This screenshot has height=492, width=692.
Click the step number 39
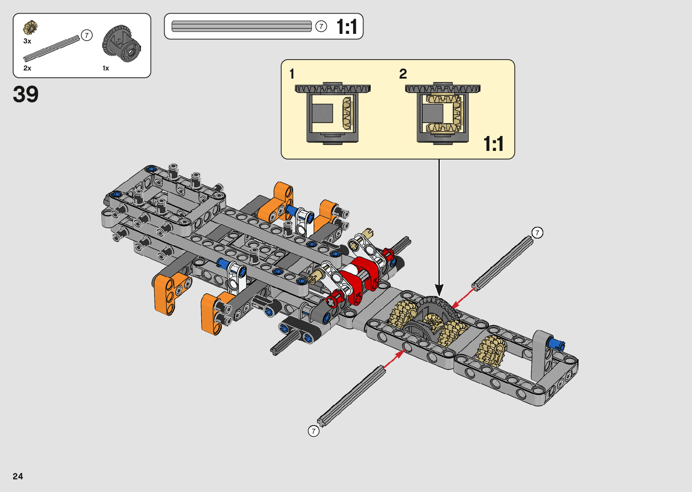coord(26,94)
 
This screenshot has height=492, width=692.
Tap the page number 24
coord(18,476)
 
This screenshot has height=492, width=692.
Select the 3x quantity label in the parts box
coord(27,41)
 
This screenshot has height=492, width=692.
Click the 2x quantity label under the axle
coord(27,68)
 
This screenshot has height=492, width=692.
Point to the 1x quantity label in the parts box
coord(106,68)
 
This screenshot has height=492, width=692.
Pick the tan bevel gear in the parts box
coord(30,28)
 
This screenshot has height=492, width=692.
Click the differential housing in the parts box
coord(122,43)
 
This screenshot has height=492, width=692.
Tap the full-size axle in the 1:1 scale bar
coord(241,26)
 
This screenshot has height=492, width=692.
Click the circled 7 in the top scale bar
coord(321,26)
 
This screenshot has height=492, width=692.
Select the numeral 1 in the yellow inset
coord(292,74)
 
